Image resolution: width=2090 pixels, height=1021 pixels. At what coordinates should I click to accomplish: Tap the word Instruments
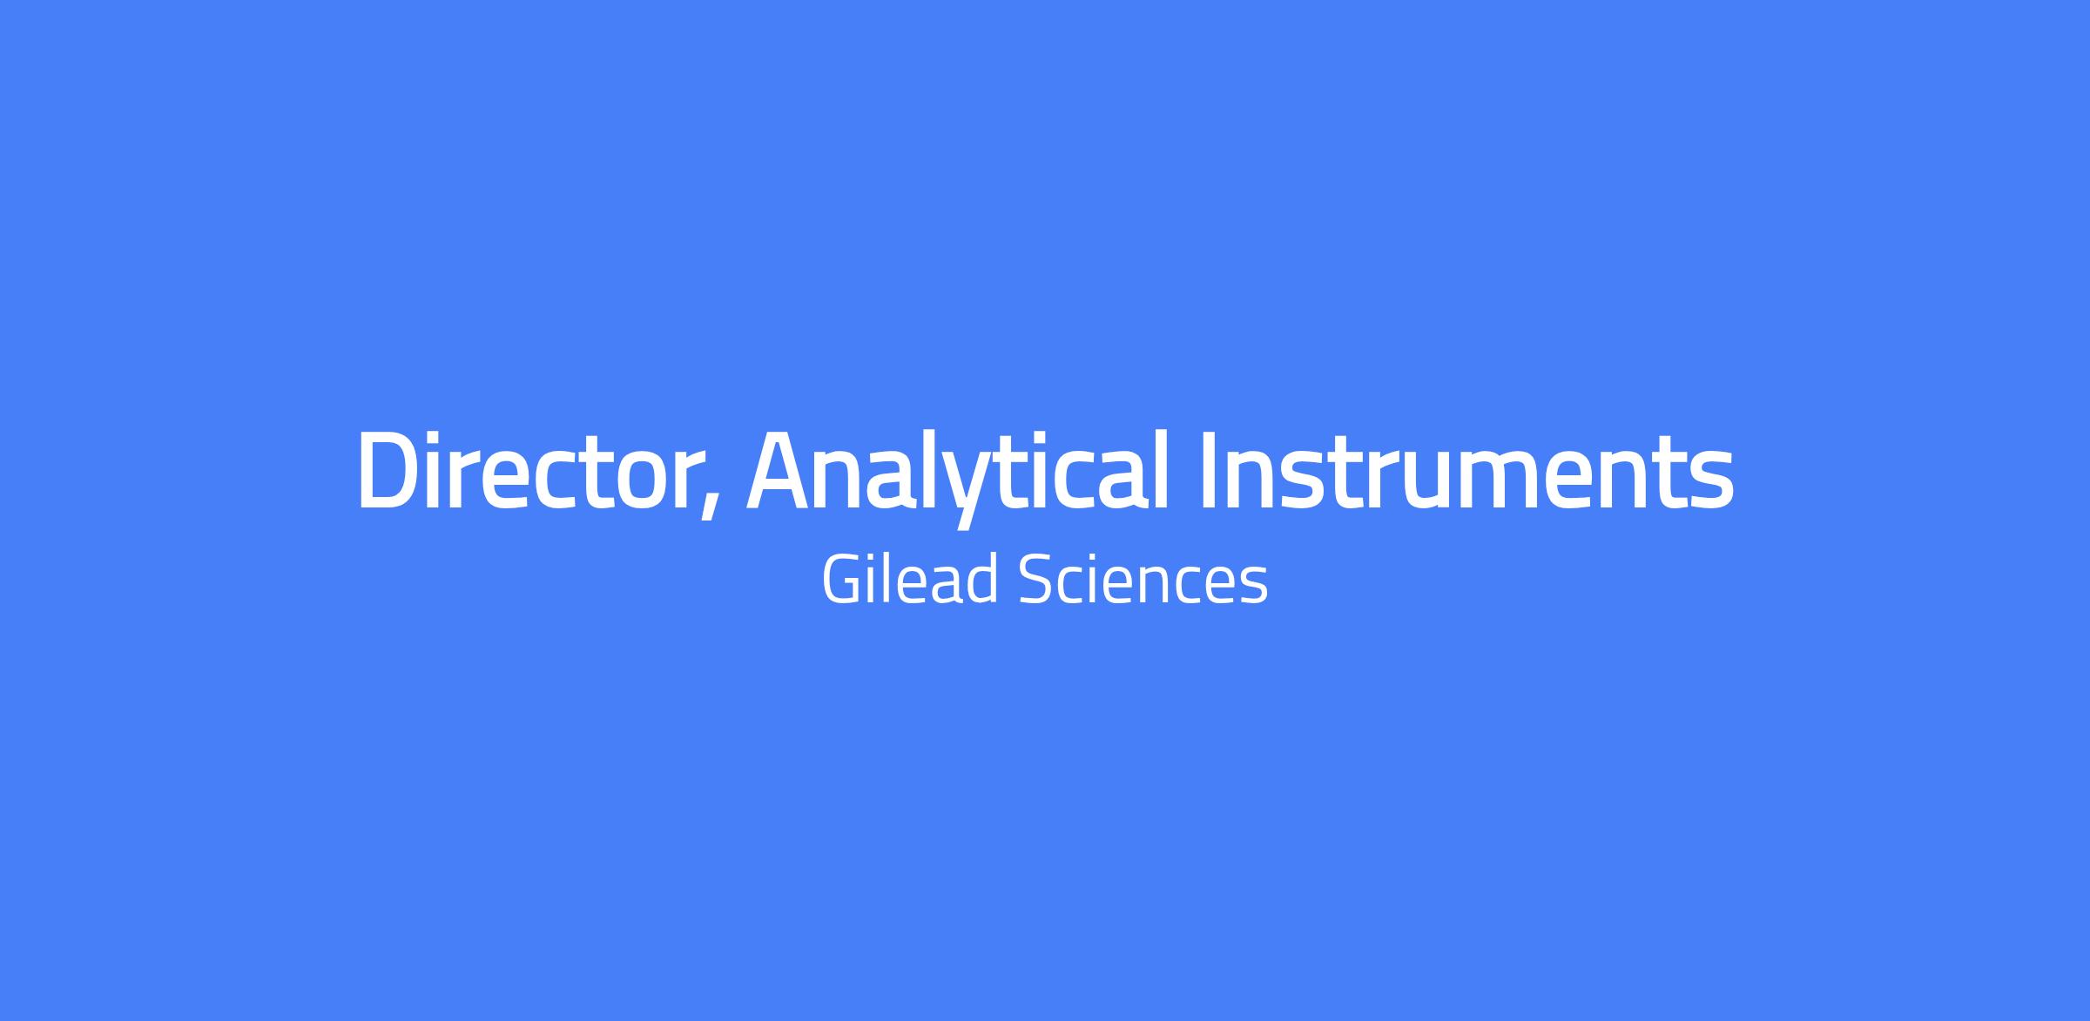[x=1466, y=470]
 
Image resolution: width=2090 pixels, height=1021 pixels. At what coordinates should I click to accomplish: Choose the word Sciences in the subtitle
[x=1143, y=580]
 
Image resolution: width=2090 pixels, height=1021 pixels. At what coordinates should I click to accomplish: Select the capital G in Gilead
[x=842, y=580]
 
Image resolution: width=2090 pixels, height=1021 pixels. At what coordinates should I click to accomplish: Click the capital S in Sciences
[x=1034, y=580]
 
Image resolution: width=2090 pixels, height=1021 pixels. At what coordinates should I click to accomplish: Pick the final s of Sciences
[x=1255, y=586]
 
